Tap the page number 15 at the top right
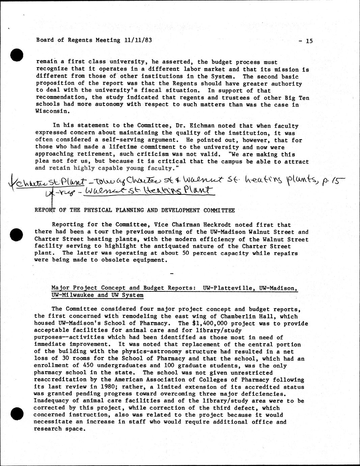click(x=309, y=41)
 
